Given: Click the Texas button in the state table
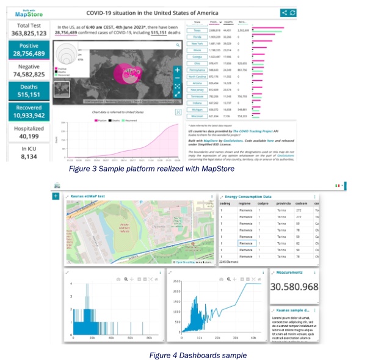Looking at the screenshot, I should tap(197, 29).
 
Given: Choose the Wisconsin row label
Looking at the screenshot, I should tap(197, 116).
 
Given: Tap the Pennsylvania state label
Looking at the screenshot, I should tap(197, 70).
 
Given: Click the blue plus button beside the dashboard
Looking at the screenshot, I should tap(56, 196).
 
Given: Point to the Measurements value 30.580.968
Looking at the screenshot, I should tap(295, 287).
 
